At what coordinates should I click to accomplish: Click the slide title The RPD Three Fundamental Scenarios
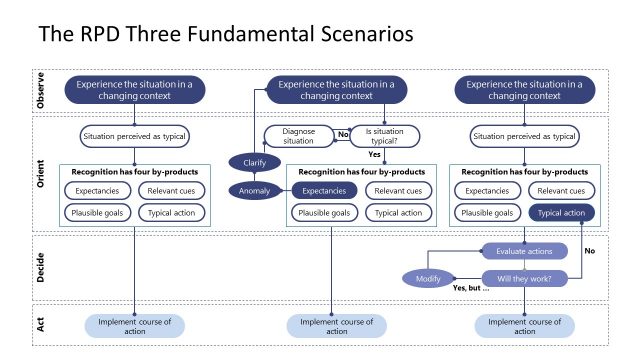tap(225, 35)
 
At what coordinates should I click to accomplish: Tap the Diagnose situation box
tap(300, 136)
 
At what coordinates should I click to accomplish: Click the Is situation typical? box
tap(384, 136)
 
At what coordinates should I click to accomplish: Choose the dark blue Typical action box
tap(561, 212)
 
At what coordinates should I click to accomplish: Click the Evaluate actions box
tap(524, 251)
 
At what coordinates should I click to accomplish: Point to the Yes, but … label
tap(471, 288)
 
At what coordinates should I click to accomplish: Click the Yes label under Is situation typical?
tap(375, 155)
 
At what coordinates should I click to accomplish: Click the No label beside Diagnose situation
tap(342, 133)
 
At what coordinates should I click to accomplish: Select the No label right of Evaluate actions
tap(590, 251)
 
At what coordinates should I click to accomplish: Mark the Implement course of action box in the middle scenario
tap(336, 326)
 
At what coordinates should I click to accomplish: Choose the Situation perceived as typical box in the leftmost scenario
tap(134, 136)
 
